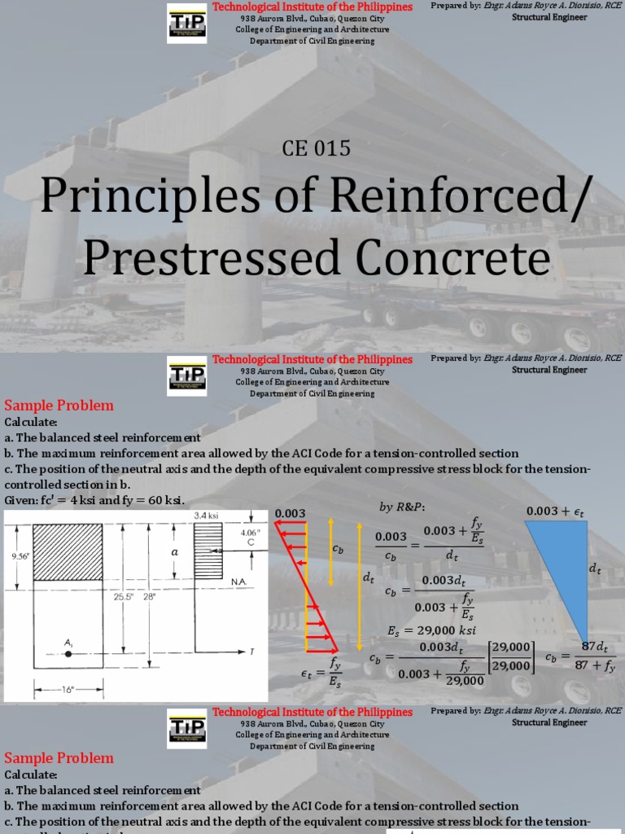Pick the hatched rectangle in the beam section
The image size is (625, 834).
[68, 551]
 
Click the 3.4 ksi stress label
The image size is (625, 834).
[208, 515]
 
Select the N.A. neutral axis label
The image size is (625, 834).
[239, 582]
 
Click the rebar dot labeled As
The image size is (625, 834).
[68, 653]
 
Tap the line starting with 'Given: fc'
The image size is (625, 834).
[95, 499]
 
